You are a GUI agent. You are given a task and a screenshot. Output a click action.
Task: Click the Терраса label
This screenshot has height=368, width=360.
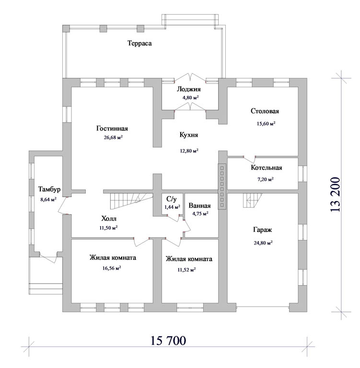(x=139, y=44)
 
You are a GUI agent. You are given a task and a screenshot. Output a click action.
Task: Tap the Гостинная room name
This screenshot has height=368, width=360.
(x=112, y=128)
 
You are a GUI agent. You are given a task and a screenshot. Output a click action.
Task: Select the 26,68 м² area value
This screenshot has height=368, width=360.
(x=113, y=138)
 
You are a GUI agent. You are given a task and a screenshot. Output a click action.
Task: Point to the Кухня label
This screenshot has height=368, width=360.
(x=189, y=135)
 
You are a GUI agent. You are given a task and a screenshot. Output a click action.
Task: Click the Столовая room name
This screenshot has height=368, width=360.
(x=265, y=111)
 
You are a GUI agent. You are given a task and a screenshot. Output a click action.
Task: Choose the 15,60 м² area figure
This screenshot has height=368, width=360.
(x=266, y=124)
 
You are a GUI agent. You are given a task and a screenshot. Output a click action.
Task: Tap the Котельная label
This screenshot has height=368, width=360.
(x=267, y=168)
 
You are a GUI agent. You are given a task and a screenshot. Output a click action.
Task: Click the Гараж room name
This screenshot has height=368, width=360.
(x=262, y=230)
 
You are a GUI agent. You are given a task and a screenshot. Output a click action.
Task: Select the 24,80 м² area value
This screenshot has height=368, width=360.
(x=263, y=243)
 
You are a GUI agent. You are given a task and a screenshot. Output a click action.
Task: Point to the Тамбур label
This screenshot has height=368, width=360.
(x=49, y=189)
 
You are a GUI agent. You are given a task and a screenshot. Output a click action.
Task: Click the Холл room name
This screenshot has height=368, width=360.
(x=109, y=218)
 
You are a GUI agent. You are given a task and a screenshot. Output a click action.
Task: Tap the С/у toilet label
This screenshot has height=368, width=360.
(x=171, y=199)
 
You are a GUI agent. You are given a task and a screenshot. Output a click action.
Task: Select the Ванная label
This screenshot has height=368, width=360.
(x=199, y=206)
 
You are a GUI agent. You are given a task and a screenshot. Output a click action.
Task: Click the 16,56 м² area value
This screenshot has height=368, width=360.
(x=112, y=268)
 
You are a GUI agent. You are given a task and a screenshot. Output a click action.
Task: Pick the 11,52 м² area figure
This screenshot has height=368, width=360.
(x=186, y=270)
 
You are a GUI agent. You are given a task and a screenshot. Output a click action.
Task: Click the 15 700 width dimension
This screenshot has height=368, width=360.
(x=168, y=341)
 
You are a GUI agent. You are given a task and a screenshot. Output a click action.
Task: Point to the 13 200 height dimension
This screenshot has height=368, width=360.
(x=335, y=195)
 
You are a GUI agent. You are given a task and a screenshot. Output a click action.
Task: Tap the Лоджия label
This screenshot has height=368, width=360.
(x=188, y=89)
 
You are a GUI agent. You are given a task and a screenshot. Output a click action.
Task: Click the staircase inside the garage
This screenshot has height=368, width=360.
(x=253, y=200)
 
